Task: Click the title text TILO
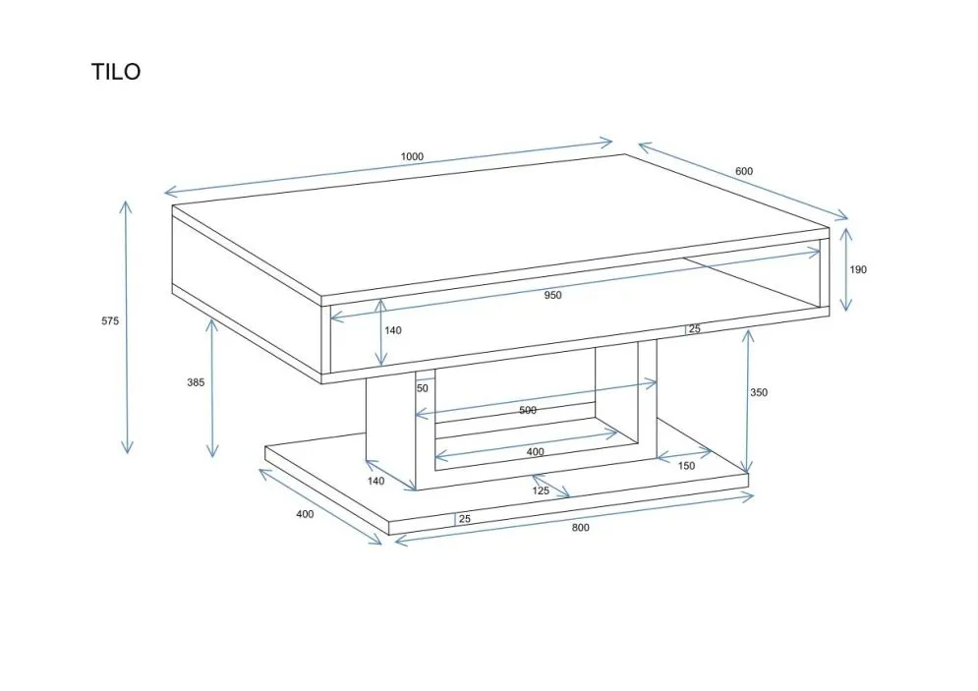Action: [x=116, y=72]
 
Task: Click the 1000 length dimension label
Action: [x=412, y=157]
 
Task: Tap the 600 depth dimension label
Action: [x=744, y=171]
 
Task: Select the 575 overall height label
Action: [x=110, y=321]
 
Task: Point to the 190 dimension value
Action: [x=858, y=269]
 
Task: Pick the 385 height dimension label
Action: [x=196, y=382]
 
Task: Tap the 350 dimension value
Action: [x=759, y=392]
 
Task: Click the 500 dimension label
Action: [x=528, y=410]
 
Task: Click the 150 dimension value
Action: [x=686, y=465]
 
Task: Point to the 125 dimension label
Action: [x=541, y=490]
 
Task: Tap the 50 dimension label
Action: [x=423, y=388]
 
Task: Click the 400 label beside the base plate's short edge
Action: [x=305, y=514]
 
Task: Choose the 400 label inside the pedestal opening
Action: [x=535, y=452]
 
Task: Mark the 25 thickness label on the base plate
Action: [x=465, y=519]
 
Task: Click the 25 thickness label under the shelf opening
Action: [x=694, y=328]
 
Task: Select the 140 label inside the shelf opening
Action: [x=393, y=330]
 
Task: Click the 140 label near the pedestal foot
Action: [x=375, y=481]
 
